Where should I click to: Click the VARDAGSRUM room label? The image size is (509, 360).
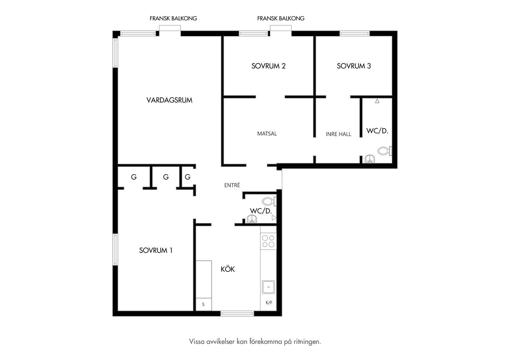[x=169, y=100]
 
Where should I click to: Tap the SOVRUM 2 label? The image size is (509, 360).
[x=268, y=66]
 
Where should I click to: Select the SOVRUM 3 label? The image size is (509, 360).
[x=353, y=66]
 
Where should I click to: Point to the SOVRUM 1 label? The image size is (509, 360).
[x=156, y=250]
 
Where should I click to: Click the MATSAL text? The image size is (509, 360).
[x=267, y=134]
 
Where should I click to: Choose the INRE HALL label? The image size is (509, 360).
[x=338, y=134]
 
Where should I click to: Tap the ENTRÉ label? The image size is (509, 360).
[x=232, y=185]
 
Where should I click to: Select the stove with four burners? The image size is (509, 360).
[x=268, y=241]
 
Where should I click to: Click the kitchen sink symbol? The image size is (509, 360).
[x=268, y=287]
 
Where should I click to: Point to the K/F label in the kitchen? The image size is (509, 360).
[x=269, y=303]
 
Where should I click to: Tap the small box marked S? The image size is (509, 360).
[x=204, y=304]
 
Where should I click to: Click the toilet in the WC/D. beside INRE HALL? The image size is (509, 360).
[x=384, y=151]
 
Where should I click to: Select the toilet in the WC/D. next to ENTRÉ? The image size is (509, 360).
[x=269, y=201]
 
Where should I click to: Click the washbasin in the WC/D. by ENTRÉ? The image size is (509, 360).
[x=252, y=219]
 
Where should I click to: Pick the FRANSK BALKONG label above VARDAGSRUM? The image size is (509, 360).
[x=173, y=18]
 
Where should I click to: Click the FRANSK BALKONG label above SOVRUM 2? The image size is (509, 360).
[x=280, y=18]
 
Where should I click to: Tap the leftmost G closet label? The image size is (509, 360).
[x=134, y=177]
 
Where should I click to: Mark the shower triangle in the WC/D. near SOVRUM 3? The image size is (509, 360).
[x=377, y=101]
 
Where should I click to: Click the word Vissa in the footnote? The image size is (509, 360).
[x=197, y=342]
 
